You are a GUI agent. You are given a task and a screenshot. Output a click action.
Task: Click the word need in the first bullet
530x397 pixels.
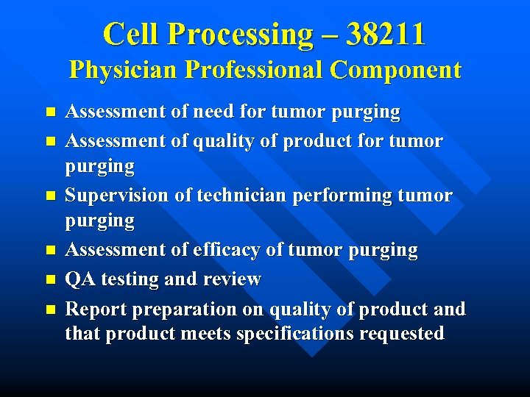click(x=218, y=112)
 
